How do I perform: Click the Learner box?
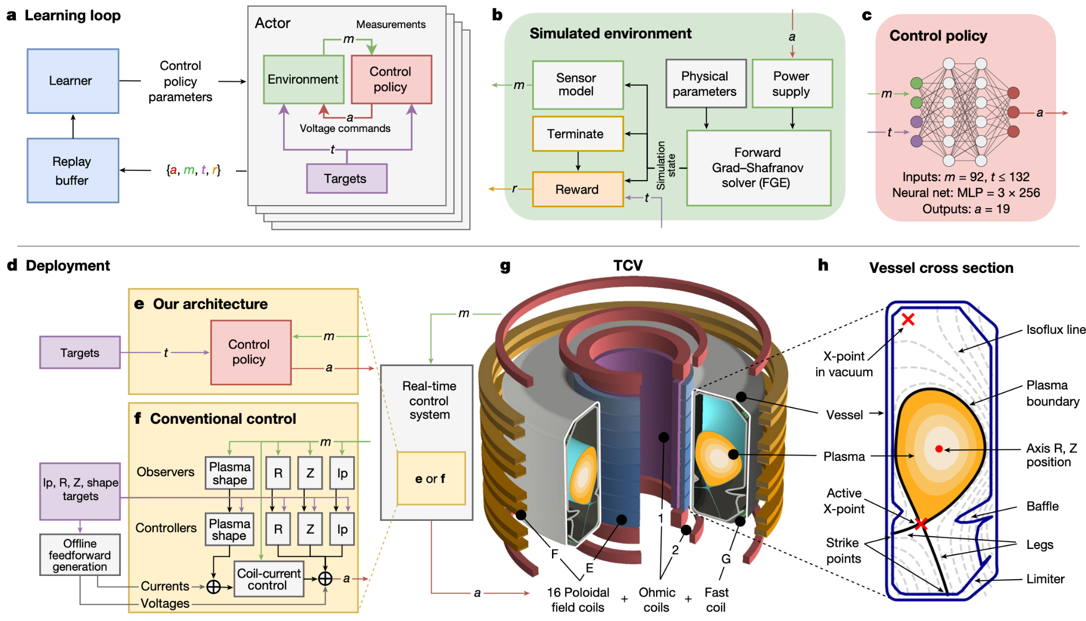point(73,81)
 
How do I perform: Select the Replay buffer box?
point(73,171)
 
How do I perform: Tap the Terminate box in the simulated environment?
point(578,134)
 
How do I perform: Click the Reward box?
point(578,189)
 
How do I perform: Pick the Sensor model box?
point(578,85)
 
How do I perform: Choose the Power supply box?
point(792,84)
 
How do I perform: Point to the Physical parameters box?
point(706,84)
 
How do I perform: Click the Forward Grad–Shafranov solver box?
point(759,168)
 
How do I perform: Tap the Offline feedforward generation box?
point(80,555)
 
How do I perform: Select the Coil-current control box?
point(269,579)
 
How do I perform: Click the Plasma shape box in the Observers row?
point(230,473)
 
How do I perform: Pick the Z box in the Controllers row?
point(310,529)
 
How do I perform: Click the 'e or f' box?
point(431,478)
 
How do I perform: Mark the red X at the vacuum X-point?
point(908,319)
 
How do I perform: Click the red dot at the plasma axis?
point(939,449)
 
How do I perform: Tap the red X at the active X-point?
point(921,524)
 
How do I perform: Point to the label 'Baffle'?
point(1043,506)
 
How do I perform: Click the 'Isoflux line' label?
point(1056,330)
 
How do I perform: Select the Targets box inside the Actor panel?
point(347,179)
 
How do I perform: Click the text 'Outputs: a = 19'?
point(966,209)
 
